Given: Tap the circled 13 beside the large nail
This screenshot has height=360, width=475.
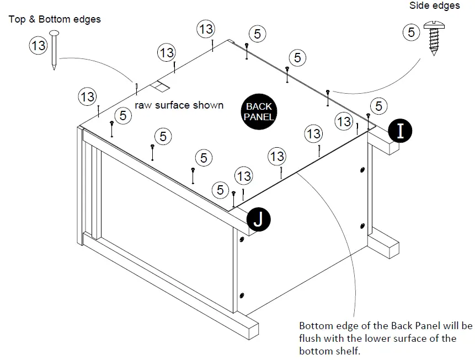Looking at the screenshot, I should (x=38, y=46).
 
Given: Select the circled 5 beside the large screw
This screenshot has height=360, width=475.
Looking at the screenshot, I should (x=411, y=33).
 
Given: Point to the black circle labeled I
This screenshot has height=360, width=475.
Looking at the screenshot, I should (x=401, y=131).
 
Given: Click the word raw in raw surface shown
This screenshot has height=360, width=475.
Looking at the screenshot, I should (x=144, y=105).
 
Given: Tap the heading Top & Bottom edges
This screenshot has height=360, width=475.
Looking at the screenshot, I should (x=55, y=19).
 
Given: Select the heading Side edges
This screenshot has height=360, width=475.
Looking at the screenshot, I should (x=434, y=6).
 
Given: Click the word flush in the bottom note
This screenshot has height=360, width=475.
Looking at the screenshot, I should (x=309, y=337).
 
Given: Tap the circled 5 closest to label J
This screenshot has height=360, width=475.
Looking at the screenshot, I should (x=221, y=190).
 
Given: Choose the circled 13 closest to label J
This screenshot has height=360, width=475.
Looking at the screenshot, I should (x=243, y=176).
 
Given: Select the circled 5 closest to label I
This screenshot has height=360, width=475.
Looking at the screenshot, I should (x=378, y=105).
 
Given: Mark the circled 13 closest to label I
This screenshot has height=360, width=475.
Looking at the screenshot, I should (x=344, y=121).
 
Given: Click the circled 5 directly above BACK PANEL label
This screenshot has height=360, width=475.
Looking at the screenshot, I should (x=297, y=57).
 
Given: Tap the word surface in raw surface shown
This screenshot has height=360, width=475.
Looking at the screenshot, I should (x=177, y=105).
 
